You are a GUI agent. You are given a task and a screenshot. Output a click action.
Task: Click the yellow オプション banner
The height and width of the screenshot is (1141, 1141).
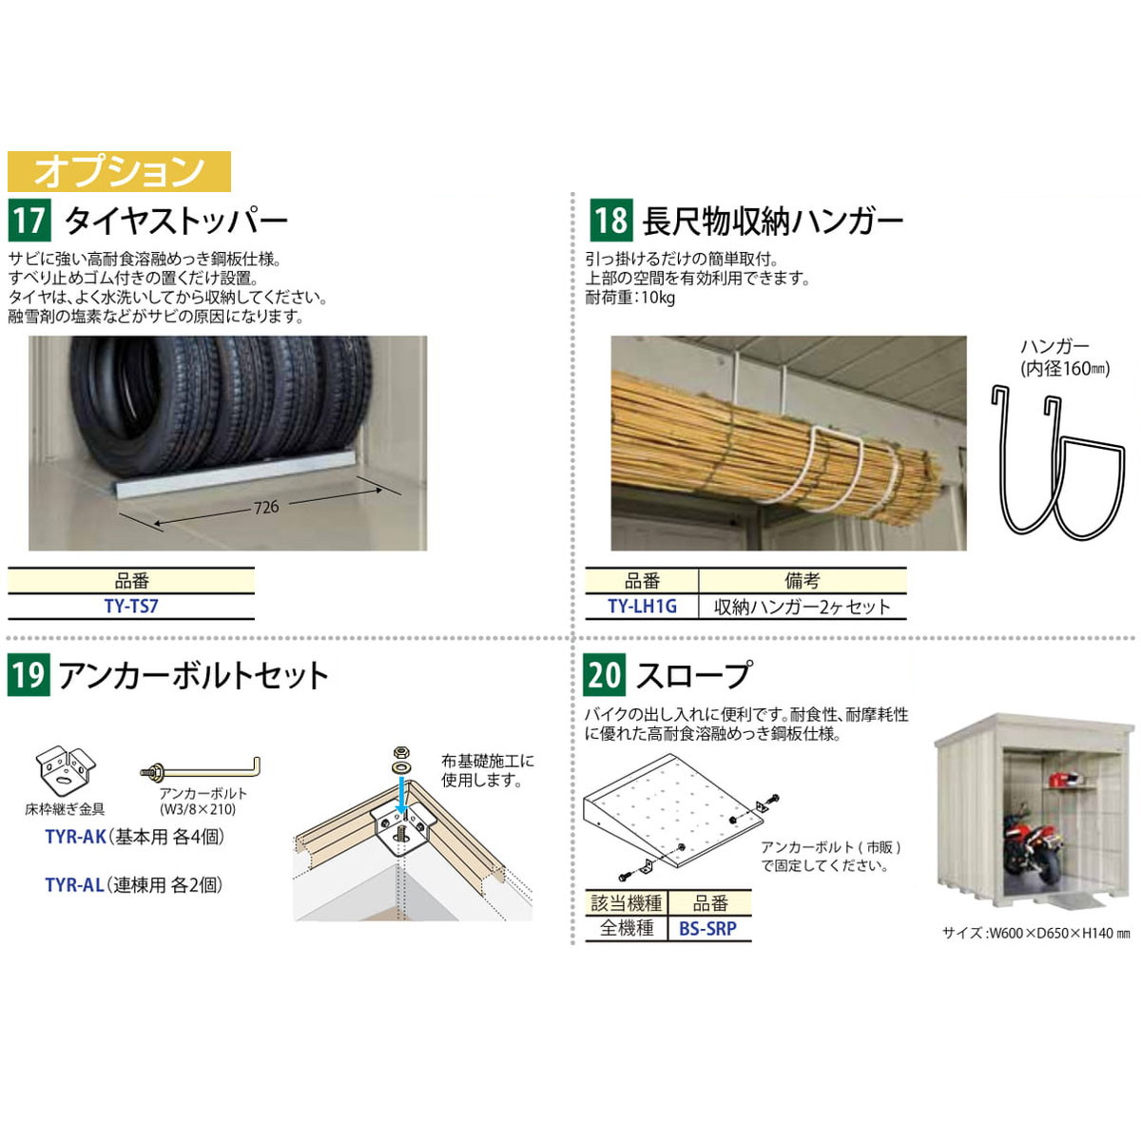pyautogui.click(x=119, y=171)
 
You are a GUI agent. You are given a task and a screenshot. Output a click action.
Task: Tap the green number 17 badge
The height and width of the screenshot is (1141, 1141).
pyautogui.click(x=29, y=221)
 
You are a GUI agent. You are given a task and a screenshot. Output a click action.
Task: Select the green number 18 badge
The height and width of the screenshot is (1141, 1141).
pyautogui.click(x=611, y=221)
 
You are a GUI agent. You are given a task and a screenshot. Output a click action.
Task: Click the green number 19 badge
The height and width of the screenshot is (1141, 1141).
pyautogui.click(x=29, y=675)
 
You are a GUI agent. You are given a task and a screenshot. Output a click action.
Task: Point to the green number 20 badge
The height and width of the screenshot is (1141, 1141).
pyautogui.click(x=605, y=675)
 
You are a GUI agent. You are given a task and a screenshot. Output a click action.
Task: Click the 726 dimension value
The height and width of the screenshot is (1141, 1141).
pyautogui.click(x=266, y=507)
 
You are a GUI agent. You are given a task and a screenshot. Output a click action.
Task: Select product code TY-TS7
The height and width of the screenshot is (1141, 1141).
pyautogui.click(x=131, y=607)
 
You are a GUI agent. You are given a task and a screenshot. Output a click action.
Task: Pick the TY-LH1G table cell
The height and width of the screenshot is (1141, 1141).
pyautogui.click(x=642, y=607)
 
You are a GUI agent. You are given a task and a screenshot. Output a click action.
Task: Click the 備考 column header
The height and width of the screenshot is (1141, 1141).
pyautogui.click(x=803, y=581)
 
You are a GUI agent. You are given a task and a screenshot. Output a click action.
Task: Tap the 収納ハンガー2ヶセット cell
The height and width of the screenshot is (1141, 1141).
pyautogui.click(x=803, y=607)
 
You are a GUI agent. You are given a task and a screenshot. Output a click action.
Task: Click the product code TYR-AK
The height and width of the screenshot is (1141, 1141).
pyautogui.click(x=76, y=837)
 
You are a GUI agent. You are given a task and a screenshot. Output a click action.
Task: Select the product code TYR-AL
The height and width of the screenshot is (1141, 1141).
pyautogui.click(x=74, y=884)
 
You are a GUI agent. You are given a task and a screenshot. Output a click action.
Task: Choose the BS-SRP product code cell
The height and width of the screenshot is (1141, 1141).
pyautogui.click(x=709, y=928)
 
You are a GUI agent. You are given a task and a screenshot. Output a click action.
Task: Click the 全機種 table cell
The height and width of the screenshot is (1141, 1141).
pyautogui.click(x=627, y=928)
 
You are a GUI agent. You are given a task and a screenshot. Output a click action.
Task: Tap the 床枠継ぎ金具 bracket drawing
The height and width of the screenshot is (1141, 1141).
pyautogui.click(x=66, y=770)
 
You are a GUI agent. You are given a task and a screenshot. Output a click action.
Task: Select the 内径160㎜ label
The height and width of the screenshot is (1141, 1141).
pyautogui.click(x=1065, y=369)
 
